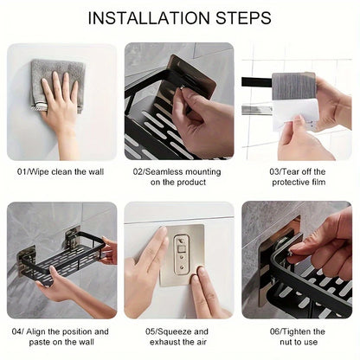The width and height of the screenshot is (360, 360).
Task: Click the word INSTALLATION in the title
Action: pyautogui.click(x=150, y=17)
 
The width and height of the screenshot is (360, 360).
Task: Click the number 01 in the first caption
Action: pyautogui.click(x=22, y=171)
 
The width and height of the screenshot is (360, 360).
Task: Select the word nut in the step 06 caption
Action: pyautogui.click(x=279, y=343)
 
